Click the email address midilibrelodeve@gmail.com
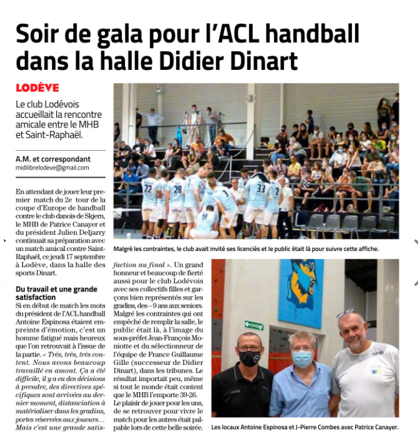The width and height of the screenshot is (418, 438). click(52, 168)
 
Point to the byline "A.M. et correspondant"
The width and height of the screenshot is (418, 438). click(53, 159)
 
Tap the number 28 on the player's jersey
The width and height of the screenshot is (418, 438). click(176, 189)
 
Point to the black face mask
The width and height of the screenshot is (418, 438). click(249, 358)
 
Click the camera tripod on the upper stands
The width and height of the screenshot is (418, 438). click(192, 126)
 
